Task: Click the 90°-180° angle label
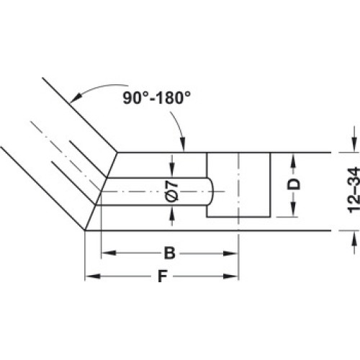(x=157, y=98)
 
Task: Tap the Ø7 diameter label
(x=172, y=192)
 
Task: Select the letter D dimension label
(x=294, y=184)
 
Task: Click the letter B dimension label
(x=170, y=253)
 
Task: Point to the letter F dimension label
(x=163, y=276)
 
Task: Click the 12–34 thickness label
(x=354, y=190)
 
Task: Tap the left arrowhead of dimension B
(x=109, y=253)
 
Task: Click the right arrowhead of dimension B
(x=230, y=253)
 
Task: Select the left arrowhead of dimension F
(x=93, y=276)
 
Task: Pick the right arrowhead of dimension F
(x=230, y=276)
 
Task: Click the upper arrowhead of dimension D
(x=293, y=161)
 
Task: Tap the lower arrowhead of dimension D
(x=293, y=209)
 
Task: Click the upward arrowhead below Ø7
(x=172, y=213)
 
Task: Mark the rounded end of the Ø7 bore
(x=211, y=192)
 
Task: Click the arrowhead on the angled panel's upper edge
(x=75, y=98)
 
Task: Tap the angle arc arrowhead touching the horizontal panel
(x=183, y=145)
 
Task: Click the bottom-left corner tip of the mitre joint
(x=85, y=230)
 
